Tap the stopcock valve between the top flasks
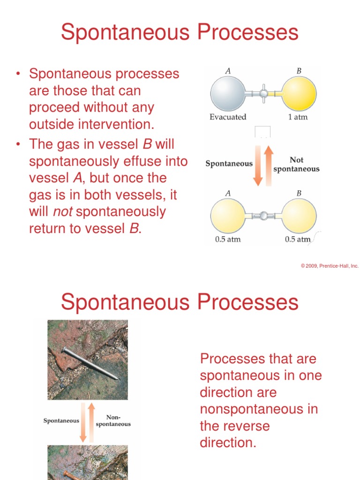pos(263,94)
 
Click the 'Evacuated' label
pos(228,117)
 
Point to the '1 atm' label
pos(298,117)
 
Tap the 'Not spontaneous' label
pos(296,165)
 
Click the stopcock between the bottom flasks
pos(263,216)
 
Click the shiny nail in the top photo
pos(89,364)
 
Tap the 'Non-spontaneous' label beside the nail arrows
pos(113,420)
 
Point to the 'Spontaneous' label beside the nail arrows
pos(61,420)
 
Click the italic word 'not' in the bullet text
pos(62,212)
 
